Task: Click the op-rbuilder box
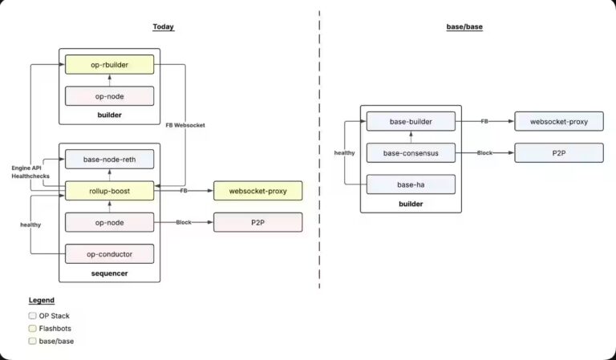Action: pyautogui.click(x=109, y=64)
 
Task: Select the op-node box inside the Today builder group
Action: pyautogui.click(x=109, y=96)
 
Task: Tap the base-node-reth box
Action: pyautogui.click(x=109, y=160)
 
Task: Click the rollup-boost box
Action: pyautogui.click(x=109, y=191)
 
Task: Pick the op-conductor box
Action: pyautogui.click(x=109, y=253)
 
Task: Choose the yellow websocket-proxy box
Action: pyautogui.click(x=257, y=191)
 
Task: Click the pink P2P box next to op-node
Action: pyautogui.click(x=257, y=222)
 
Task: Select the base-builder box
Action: pyautogui.click(x=411, y=122)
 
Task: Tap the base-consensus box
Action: pyautogui.click(x=411, y=153)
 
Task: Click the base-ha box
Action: pyautogui.click(x=411, y=184)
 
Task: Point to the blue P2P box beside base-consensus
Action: pyautogui.click(x=558, y=153)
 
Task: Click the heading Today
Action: pyautogui.click(x=164, y=27)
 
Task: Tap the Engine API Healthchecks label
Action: pyautogui.click(x=27, y=172)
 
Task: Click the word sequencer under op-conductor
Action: pyautogui.click(x=109, y=273)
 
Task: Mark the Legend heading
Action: pyautogui.click(x=42, y=300)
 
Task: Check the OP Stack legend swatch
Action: pyautogui.click(x=32, y=316)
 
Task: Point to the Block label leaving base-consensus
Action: pyautogui.click(x=484, y=153)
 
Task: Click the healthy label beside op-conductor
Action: pyautogui.click(x=31, y=225)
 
